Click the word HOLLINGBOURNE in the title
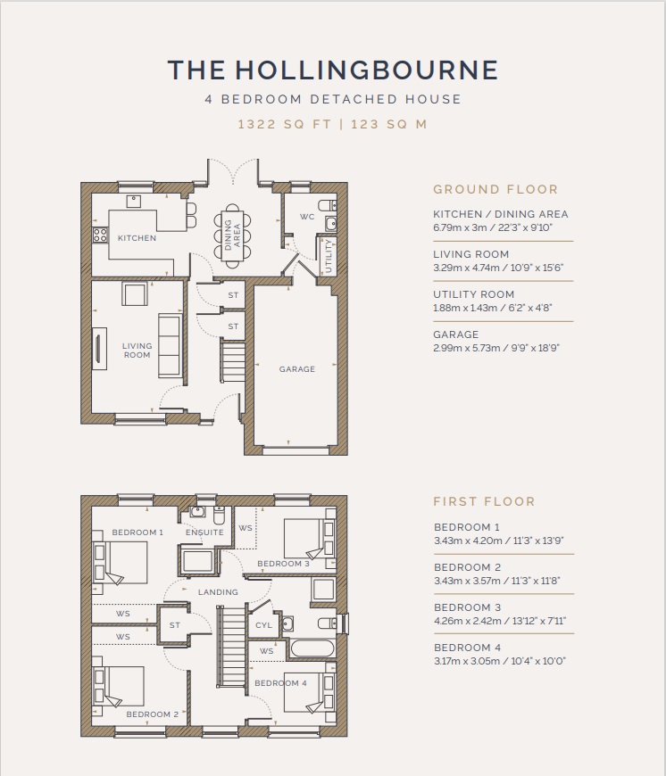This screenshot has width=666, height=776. point(366,70)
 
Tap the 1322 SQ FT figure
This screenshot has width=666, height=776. point(284,124)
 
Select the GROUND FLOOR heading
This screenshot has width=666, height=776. point(495,189)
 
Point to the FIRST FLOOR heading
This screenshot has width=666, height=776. point(484,501)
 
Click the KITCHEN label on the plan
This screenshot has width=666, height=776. point(137,238)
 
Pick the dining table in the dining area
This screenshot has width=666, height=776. point(232,236)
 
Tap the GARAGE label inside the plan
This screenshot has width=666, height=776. point(296,369)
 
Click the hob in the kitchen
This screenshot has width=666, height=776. point(100,235)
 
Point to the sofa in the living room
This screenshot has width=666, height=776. point(170,344)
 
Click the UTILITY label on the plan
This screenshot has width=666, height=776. point(329,256)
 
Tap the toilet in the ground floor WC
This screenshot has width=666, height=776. point(328,205)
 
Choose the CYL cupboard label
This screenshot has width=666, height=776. point(263,625)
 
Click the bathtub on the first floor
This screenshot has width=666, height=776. point(312,648)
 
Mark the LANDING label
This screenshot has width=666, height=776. point(218,592)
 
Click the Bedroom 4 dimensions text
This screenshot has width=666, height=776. point(500,661)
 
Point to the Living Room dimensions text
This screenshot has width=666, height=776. point(498,268)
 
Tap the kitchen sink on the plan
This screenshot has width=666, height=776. point(134,201)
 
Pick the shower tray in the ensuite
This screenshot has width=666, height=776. point(197,561)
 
